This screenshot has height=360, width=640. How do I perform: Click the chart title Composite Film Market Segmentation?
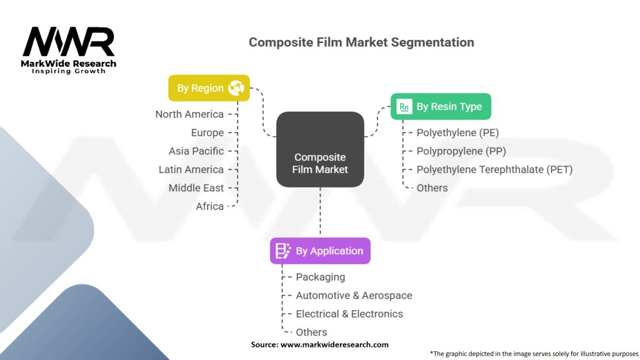(x=361, y=42)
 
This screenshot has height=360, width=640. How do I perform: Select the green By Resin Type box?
(x=441, y=107)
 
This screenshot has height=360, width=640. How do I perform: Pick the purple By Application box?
(x=320, y=251)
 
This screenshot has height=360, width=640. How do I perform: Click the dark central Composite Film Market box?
(x=320, y=149)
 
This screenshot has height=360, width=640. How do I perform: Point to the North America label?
(x=189, y=114)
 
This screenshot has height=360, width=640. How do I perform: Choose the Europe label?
(x=207, y=132)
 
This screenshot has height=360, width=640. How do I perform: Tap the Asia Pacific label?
(x=196, y=151)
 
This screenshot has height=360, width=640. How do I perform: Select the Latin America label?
(x=191, y=169)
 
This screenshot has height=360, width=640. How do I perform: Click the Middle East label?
(x=196, y=187)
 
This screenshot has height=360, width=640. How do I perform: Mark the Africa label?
(x=210, y=206)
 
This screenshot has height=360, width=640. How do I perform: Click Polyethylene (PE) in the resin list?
(x=457, y=132)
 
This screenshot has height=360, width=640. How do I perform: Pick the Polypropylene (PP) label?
(x=461, y=151)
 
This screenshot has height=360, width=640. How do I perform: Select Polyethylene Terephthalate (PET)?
(x=494, y=169)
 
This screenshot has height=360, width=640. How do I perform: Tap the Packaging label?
(x=320, y=276)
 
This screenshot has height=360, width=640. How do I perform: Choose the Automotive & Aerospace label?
(x=354, y=295)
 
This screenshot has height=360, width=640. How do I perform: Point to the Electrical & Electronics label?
(x=349, y=314)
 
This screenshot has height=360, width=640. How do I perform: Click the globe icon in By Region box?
(x=236, y=88)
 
